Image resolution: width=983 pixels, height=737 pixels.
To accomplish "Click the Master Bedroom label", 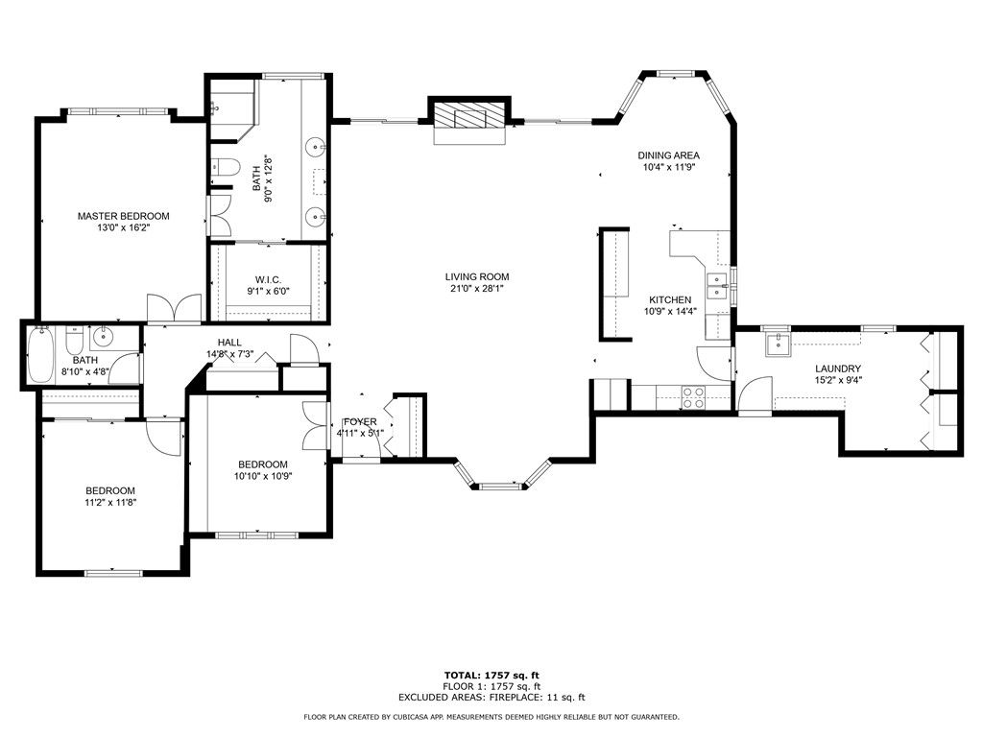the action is tap(124, 216).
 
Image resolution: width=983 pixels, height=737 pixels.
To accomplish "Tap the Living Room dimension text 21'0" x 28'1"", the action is tap(477, 288).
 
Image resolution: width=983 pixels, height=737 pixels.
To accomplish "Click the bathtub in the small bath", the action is tap(40, 355).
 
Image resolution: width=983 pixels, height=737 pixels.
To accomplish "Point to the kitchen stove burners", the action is tap(693, 398).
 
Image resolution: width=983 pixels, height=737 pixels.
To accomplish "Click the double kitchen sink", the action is tap(716, 286).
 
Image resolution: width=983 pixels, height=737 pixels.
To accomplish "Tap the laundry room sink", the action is tap(779, 345).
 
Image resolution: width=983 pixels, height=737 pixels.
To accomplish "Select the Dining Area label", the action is tap(669, 155).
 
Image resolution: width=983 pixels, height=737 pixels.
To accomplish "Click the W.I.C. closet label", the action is tap(268, 279).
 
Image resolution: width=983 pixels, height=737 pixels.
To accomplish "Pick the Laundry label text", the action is tap(837, 369).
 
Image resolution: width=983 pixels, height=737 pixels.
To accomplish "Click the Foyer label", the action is tap(360, 422).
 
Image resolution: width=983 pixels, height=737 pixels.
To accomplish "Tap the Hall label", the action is tap(229, 343).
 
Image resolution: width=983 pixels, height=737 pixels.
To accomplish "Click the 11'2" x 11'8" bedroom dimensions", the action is tap(110, 502).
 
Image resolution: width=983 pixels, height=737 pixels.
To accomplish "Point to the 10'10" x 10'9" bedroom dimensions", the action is tap(263, 476).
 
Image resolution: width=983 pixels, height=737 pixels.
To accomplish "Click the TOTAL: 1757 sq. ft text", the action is tap(491, 675).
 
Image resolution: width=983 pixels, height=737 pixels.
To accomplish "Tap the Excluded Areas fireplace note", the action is tap(491, 697).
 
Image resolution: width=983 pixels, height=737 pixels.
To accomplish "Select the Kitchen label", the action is tap(670, 300).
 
